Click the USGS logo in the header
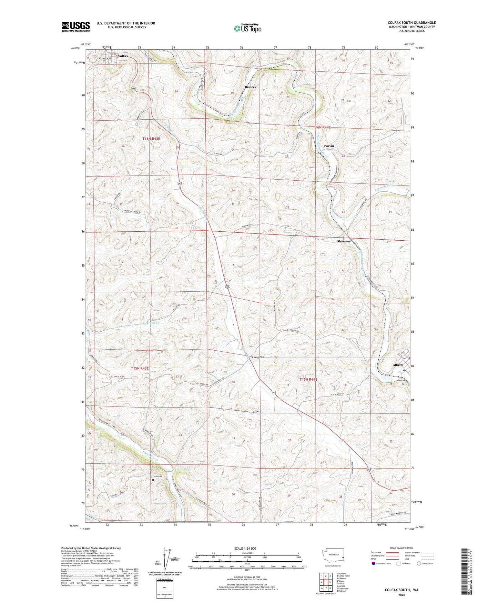(76, 27)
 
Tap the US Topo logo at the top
(247, 28)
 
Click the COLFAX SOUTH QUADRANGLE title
(411, 23)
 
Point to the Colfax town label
(123, 56)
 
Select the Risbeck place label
(251, 87)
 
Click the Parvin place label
(329, 146)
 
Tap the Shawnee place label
(344, 241)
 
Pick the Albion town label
(398, 364)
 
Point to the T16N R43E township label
(151, 138)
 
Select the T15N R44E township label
(308, 379)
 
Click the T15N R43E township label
(140, 368)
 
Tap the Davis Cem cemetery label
(157, 477)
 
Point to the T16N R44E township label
(322, 127)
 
